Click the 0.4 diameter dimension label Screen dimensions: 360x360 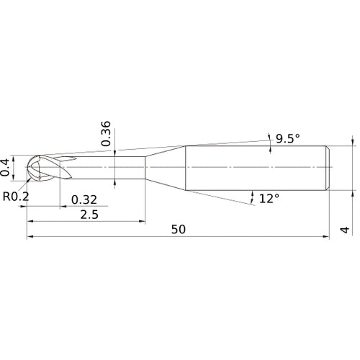point(6,167)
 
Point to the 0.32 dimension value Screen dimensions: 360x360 point(84,199)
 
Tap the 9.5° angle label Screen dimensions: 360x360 point(287,139)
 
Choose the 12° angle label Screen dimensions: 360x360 point(268,197)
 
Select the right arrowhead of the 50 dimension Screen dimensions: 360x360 point(327,238)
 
